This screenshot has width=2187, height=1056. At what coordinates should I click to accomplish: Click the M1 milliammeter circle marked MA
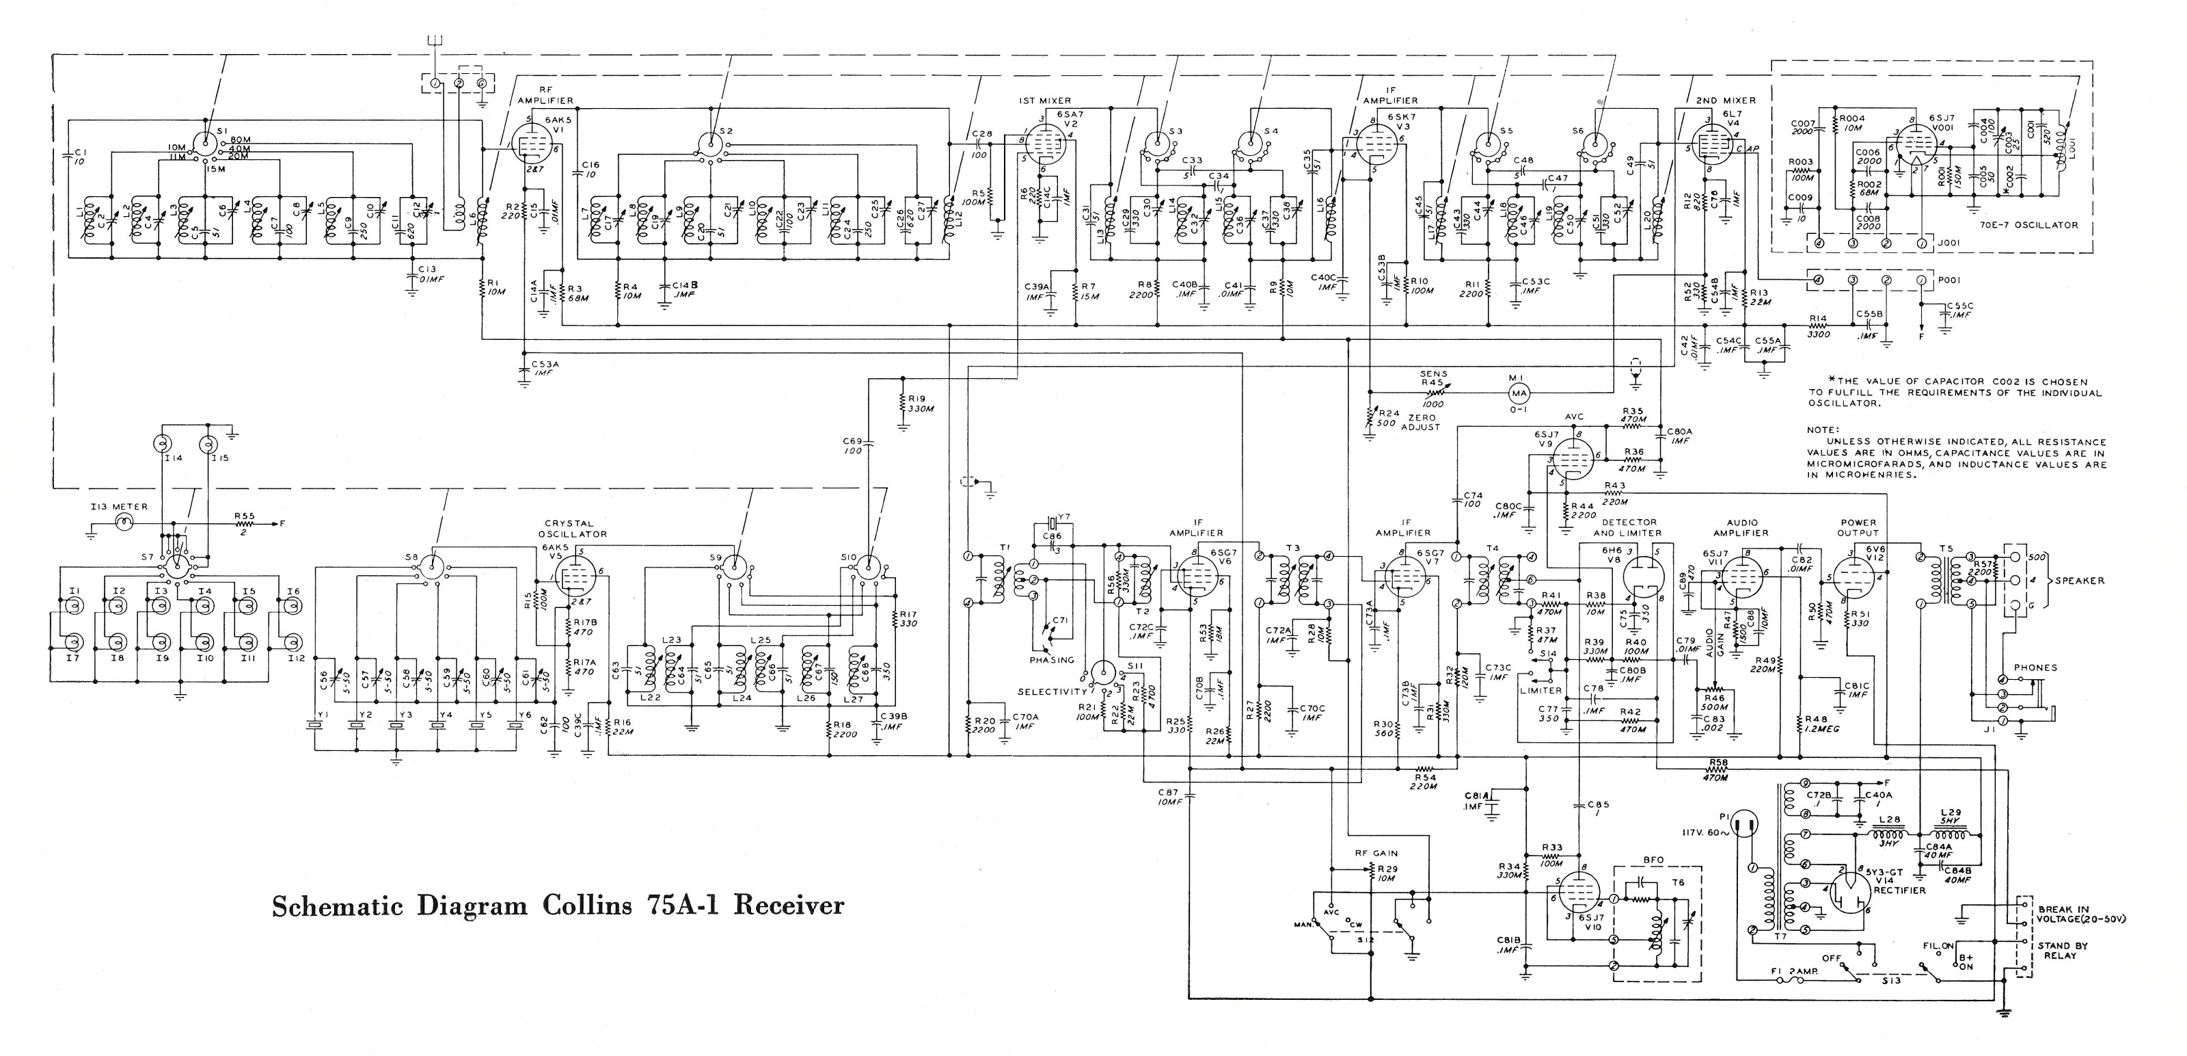point(1519,393)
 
